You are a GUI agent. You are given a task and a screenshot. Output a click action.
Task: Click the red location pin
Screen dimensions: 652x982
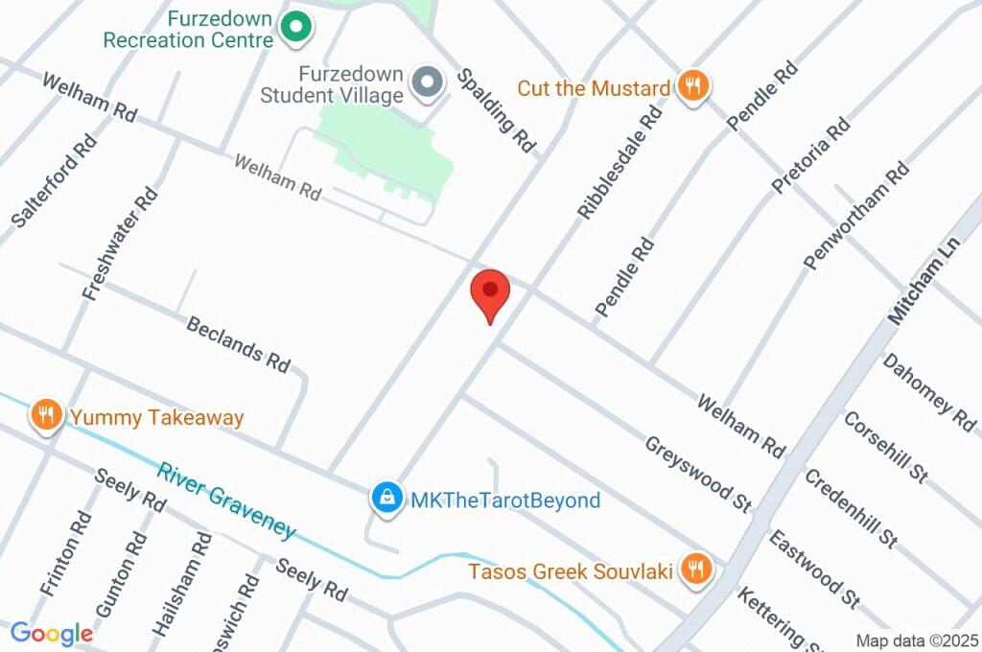pos(491,292)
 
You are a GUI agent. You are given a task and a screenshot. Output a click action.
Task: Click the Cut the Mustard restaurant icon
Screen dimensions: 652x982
pos(691,87)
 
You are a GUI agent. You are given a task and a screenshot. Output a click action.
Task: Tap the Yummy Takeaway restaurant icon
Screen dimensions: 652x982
pos(45,416)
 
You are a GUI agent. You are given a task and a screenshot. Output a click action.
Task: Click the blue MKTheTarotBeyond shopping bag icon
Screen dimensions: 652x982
pos(386,500)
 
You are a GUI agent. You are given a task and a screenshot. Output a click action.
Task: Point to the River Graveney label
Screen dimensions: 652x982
pos(227,501)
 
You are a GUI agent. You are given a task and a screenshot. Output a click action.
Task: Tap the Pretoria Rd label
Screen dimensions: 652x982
pos(810,154)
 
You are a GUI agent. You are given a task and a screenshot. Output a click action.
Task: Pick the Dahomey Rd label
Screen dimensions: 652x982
pos(928,391)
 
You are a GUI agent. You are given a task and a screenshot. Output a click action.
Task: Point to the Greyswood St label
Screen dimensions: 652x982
pos(697,473)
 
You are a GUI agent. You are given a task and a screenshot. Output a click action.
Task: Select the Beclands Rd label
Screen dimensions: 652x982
pos(238,343)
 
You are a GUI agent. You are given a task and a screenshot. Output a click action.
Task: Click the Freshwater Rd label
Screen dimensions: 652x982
pos(120,244)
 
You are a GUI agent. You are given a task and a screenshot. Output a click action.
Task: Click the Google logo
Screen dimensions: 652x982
pos(51,633)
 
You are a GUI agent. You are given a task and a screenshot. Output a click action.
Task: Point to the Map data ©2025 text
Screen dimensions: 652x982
pos(917,641)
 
